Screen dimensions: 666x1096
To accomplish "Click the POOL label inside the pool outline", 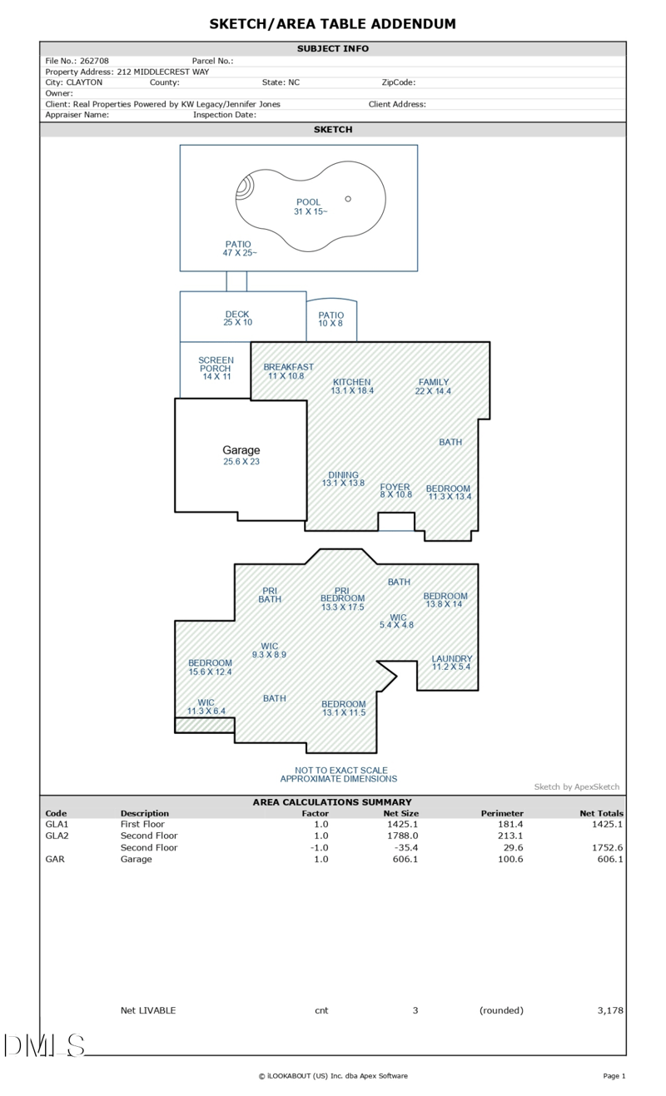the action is click(308, 202).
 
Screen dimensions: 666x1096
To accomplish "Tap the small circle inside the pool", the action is click(348, 199).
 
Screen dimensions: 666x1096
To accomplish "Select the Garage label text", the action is click(241, 450).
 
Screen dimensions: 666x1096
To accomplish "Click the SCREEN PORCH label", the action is click(216, 364).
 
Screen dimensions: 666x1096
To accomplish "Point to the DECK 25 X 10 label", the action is click(237, 318).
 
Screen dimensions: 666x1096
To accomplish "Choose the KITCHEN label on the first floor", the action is click(352, 382).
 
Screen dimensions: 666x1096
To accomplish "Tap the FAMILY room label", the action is click(434, 382).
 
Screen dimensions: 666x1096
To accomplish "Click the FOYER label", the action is click(395, 487).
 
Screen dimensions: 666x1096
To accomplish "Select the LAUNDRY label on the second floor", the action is click(452, 658).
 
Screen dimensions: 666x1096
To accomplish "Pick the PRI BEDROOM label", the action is click(342, 594).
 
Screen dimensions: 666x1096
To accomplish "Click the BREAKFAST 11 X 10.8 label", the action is click(288, 371).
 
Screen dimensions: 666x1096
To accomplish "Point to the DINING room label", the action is click(343, 474).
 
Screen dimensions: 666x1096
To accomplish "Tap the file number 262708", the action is click(94, 61).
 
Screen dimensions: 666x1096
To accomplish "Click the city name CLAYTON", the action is click(84, 82).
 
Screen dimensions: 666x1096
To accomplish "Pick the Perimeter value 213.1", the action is click(510, 836).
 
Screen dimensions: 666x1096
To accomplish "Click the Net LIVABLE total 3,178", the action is click(610, 1010).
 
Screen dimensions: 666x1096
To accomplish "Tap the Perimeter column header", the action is click(502, 813).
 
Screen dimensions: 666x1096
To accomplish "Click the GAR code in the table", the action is click(55, 859).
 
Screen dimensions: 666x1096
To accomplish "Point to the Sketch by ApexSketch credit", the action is click(576, 786).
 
